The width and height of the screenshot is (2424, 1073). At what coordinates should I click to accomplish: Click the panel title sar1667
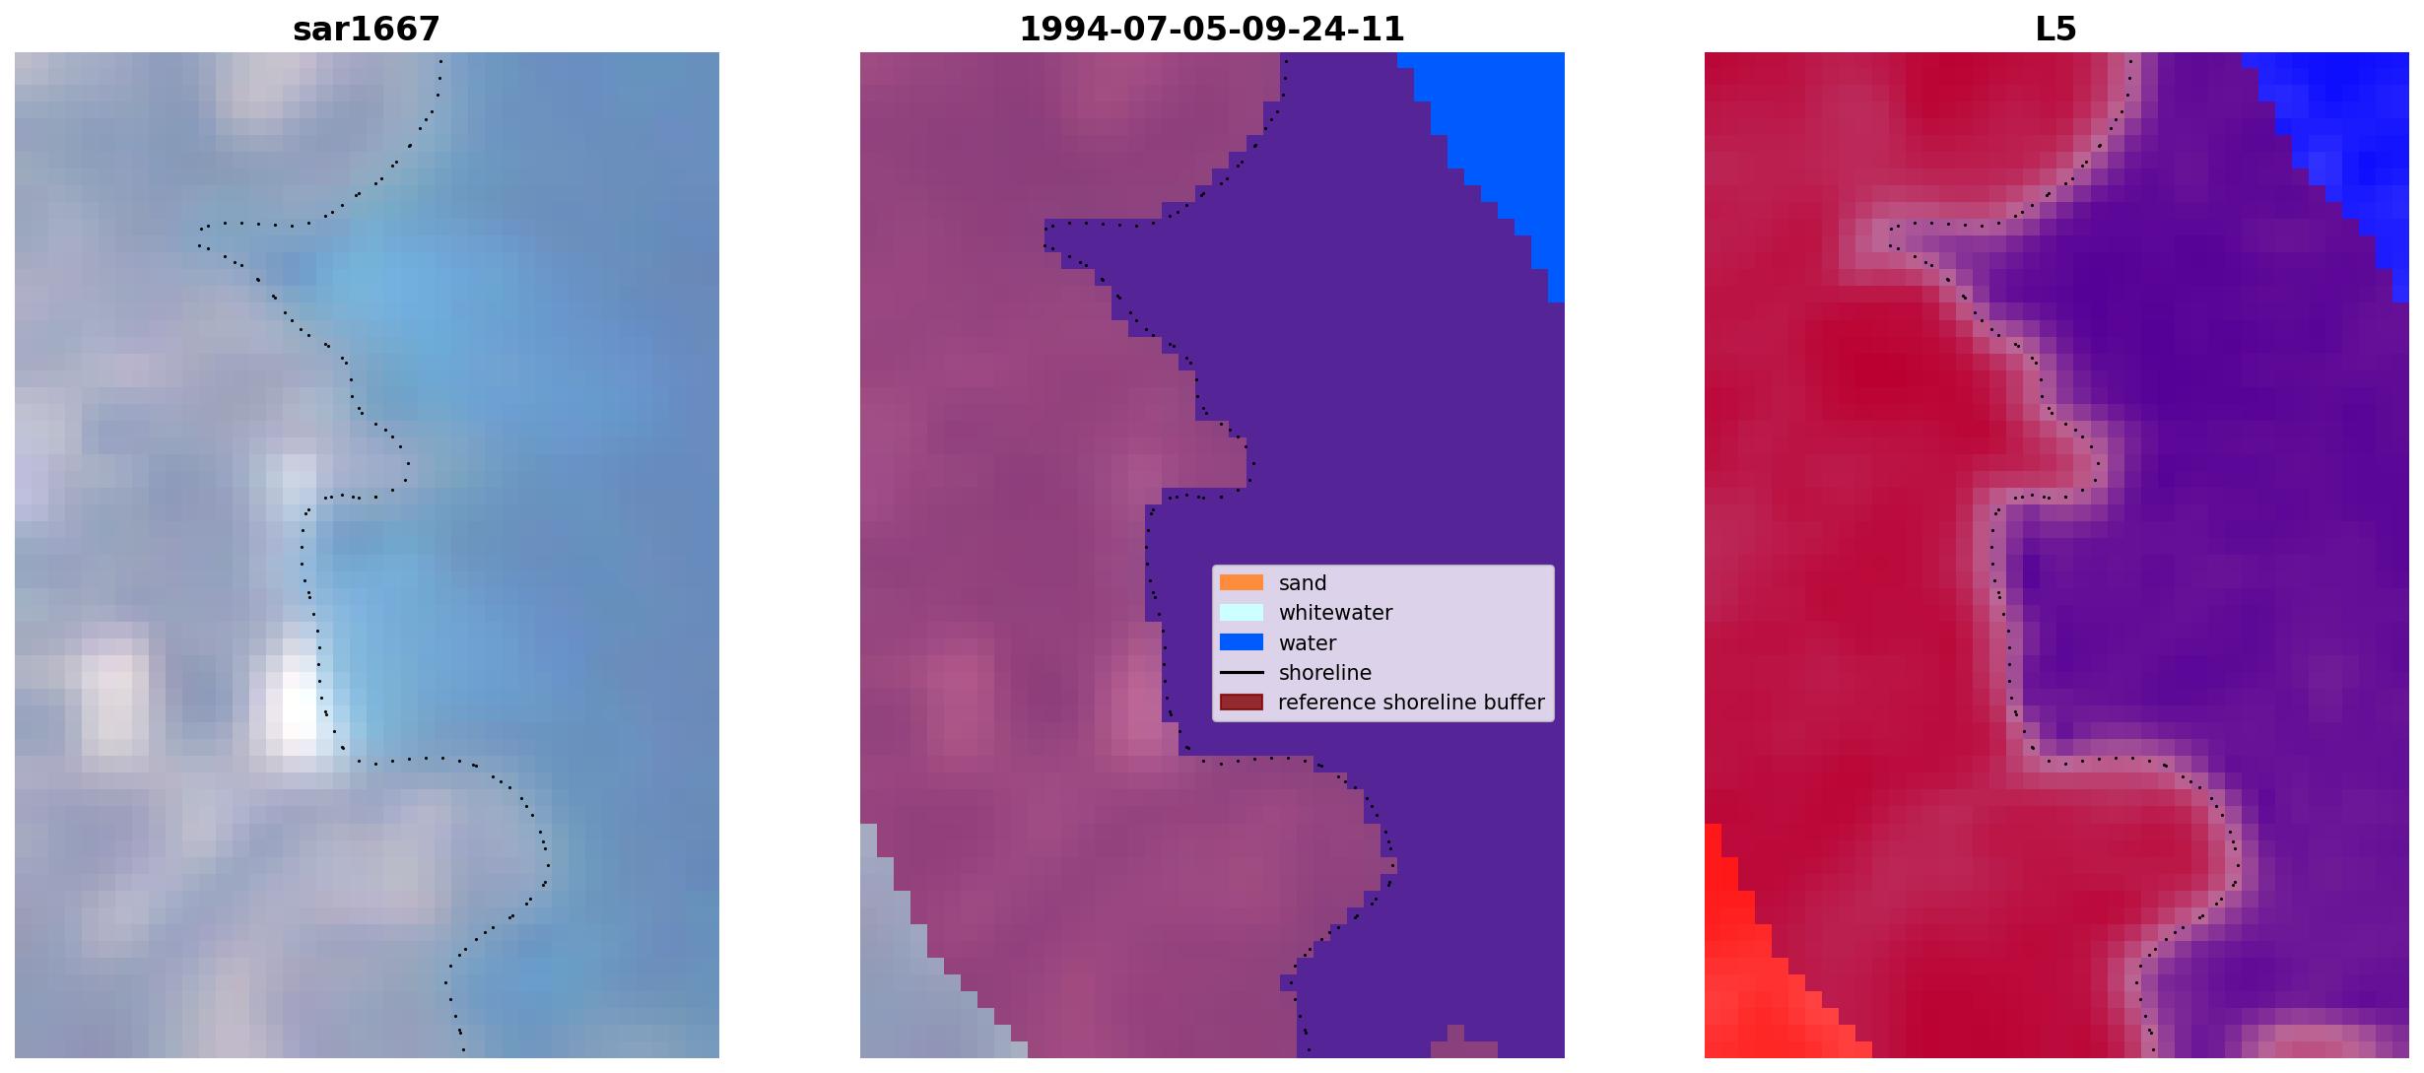(367, 29)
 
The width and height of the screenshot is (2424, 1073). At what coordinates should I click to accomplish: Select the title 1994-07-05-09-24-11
(1212, 29)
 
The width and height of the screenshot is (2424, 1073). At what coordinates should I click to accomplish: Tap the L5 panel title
(2056, 29)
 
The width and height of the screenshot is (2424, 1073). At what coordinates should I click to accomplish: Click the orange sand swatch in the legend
(1242, 582)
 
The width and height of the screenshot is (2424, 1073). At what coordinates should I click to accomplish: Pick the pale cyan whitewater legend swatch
(1242, 612)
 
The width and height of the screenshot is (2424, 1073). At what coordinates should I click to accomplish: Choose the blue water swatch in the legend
(1242, 642)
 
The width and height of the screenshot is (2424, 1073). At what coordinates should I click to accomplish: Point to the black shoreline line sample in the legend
(1242, 672)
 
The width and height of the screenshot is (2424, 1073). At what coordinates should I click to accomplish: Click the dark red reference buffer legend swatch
(1242, 702)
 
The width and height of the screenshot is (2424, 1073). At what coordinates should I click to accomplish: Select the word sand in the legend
(1303, 583)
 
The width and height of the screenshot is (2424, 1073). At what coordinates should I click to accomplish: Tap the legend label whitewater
(1335, 613)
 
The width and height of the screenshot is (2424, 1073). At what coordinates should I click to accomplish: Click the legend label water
(1308, 643)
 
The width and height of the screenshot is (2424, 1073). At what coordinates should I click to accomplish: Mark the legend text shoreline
(1325, 673)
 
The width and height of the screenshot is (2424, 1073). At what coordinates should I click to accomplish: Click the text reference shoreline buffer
(1411, 703)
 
